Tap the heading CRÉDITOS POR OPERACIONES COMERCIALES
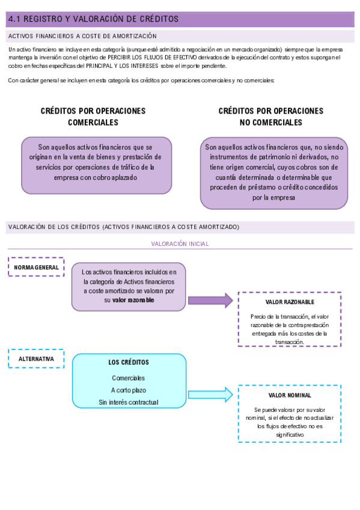click(93, 117)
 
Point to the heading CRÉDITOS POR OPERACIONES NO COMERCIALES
click(270, 117)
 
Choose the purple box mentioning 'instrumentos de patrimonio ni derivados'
click(274, 172)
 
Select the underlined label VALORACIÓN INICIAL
click(180, 244)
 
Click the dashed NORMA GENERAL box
click(37, 267)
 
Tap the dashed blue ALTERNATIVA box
click(37, 359)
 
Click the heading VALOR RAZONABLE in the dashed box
click(290, 302)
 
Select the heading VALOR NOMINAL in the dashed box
click(290, 395)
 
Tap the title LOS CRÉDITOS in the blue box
click(129, 363)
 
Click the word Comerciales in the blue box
click(129, 378)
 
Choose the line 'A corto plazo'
click(129, 390)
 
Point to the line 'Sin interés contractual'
click(129, 402)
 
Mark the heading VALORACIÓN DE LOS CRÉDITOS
click(123, 227)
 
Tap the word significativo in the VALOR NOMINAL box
click(290, 434)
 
